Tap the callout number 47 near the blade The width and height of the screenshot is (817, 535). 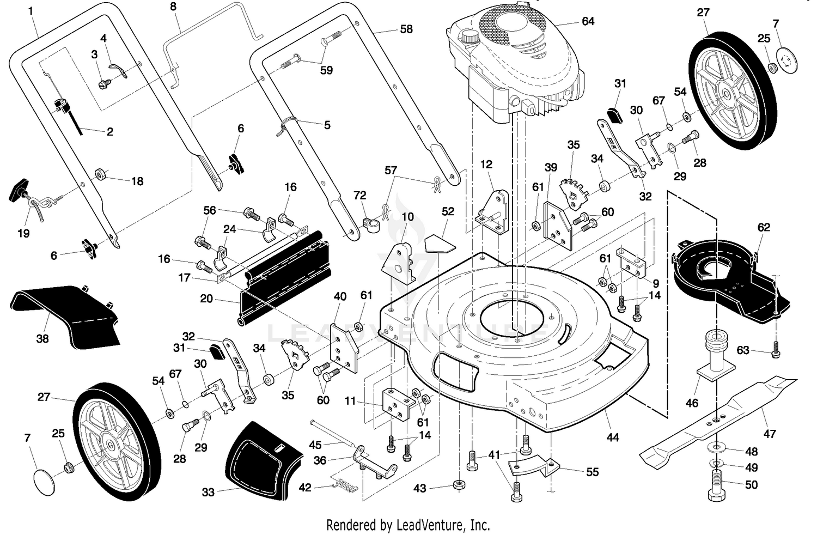point(770,433)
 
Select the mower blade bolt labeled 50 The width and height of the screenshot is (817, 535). point(716,485)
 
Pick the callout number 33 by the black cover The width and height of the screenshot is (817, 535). point(208,492)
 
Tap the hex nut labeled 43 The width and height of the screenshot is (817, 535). point(459,485)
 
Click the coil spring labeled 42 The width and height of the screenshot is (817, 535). point(345,484)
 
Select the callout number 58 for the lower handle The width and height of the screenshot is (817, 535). point(406,29)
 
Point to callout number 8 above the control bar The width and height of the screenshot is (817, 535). point(173,6)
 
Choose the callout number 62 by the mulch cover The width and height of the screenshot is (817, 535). point(764,227)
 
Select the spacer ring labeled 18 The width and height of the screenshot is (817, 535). point(100,174)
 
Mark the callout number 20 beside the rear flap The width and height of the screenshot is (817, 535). point(206,298)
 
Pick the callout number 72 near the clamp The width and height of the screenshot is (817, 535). point(359,195)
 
